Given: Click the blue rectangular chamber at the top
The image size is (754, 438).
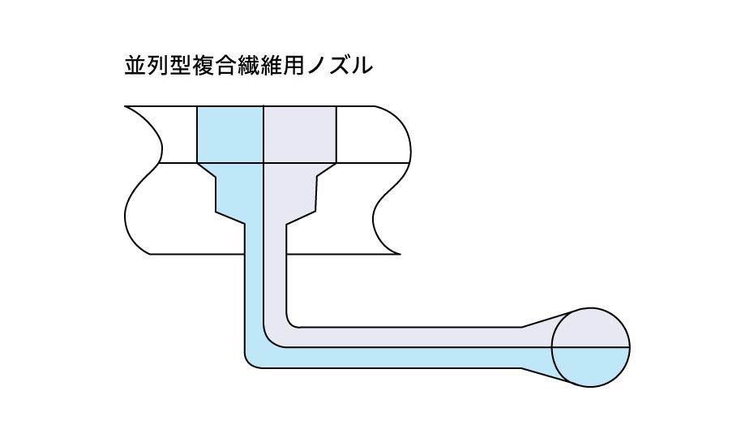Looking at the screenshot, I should click(x=231, y=135).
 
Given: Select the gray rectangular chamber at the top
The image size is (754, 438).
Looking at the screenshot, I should click(x=300, y=135).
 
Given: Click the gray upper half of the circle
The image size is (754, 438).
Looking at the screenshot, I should click(x=590, y=328).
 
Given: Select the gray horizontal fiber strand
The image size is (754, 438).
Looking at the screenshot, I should click(x=405, y=336).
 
